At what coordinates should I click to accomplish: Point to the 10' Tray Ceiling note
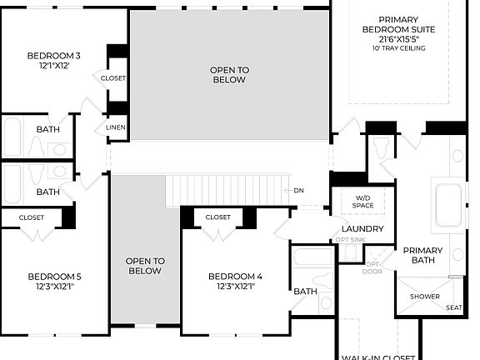click(399, 48)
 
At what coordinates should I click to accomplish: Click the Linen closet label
click(116, 127)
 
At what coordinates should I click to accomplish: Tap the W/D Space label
click(362, 201)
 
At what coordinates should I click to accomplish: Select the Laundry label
click(362, 229)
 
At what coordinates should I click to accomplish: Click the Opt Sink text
click(351, 240)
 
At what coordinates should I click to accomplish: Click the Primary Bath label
click(423, 256)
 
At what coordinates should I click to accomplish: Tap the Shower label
click(424, 297)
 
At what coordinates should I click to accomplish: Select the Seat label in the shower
click(454, 307)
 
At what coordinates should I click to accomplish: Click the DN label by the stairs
click(299, 190)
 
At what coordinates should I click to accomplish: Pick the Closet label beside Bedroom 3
click(113, 78)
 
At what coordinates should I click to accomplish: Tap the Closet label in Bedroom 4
click(217, 217)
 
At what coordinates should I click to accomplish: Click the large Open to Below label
click(227, 75)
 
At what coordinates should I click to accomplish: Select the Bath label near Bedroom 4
click(305, 292)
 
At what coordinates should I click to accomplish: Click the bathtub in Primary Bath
click(448, 205)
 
